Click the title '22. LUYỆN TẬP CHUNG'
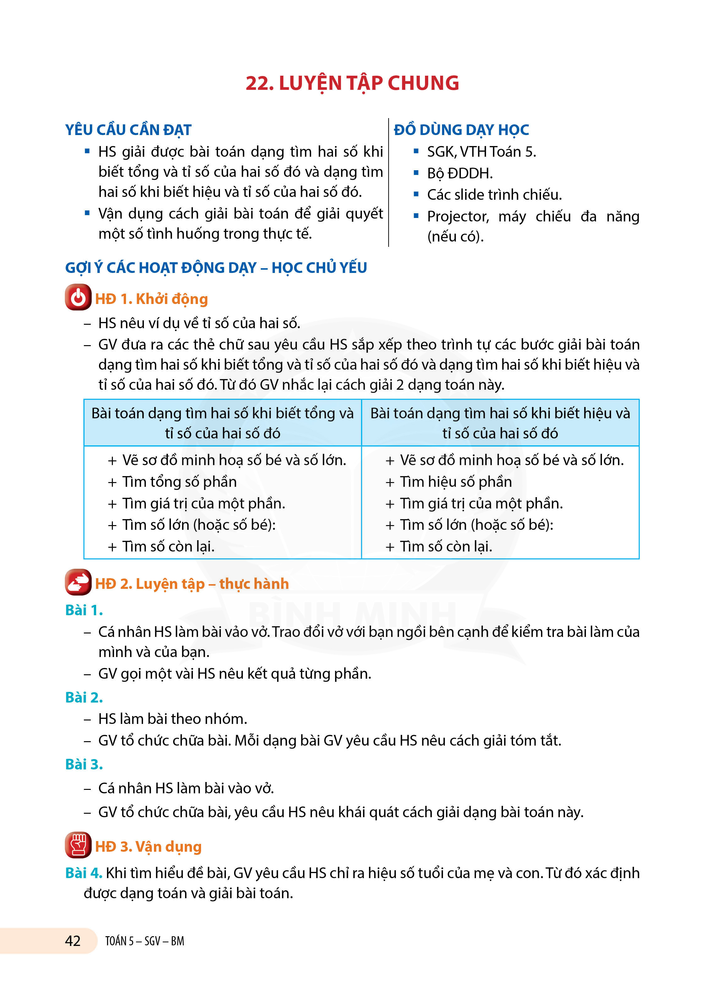click(352, 83)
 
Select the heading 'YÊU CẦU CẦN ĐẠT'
click(128, 130)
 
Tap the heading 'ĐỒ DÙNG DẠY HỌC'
click(461, 130)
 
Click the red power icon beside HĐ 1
click(78, 297)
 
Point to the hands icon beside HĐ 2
click(78, 582)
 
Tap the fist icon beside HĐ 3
click(78, 845)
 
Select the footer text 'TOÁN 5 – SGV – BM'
click(145, 941)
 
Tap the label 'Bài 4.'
click(84, 873)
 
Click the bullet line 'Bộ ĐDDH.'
click(460, 173)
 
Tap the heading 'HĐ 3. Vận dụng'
click(148, 846)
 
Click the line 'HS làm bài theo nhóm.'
click(172, 719)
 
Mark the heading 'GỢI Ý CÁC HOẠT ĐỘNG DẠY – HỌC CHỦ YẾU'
click(216, 268)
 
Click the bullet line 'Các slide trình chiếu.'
click(494, 195)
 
